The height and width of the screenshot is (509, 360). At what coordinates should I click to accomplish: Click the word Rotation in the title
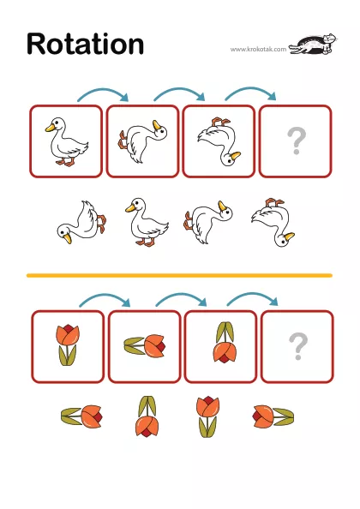pyautogui.click(x=86, y=44)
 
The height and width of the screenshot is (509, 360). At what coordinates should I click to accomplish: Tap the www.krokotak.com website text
pyautogui.click(x=258, y=50)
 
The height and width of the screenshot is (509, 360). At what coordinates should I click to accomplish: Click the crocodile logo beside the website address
pyautogui.click(x=313, y=44)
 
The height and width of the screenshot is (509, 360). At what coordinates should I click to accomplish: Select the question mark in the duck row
pyautogui.click(x=297, y=141)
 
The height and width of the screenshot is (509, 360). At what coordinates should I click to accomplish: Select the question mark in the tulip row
pyautogui.click(x=298, y=346)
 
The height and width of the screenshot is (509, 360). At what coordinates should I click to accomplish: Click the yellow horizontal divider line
pyautogui.click(x=179, y=276)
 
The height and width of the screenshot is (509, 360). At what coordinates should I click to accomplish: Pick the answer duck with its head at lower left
pyautogui.click(x=81, y=222)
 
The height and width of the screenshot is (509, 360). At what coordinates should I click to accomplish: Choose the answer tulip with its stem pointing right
pyautogui.click(x=273, y=416)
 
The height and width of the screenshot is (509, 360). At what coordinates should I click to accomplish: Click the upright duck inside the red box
pyautogui.click(x=67, y=142)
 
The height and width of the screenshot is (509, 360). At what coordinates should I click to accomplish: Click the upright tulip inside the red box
pyautogui.click(x=68, y=345)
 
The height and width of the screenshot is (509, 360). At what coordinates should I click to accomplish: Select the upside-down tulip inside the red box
pyautogui.click(x=225, y=342)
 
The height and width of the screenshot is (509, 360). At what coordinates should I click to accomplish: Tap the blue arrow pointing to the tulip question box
pyautogui.click(x=252, y=297)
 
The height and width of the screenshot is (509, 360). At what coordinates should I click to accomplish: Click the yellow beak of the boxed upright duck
pyautogui.click(x=50, y=128)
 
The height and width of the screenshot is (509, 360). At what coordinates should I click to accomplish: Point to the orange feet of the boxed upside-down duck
pyautogui.click(x=221, y=123)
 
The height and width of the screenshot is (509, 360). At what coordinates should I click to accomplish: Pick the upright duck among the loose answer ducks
pyautogui.click(x=147, y=222)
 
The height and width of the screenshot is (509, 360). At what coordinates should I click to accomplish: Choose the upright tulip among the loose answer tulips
pyautogui.click(x=207, y=416)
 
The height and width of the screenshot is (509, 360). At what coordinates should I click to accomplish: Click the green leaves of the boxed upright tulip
pyautogui.click(x=68, y=356)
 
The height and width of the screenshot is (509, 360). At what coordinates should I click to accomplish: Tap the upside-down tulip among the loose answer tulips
pyautogui.click(x=147, y=416)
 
